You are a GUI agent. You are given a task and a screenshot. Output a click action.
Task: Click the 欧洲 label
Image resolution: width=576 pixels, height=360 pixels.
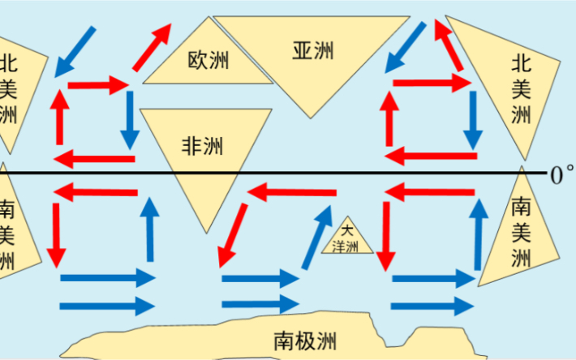pyautogui.click(x=209, y=61)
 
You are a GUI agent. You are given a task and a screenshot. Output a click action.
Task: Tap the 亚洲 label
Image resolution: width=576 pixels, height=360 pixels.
pyautogui.click(x=313, y=49)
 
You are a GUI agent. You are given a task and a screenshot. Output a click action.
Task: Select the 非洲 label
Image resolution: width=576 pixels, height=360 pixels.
pyautogui.click(x=202, y=146)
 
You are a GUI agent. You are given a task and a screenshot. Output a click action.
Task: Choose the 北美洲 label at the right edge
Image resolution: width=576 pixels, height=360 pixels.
pyautogui.click(x=521, y=89)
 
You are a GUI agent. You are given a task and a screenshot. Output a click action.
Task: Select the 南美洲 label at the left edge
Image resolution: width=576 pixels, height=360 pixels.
pyautogui.click(x=6, y=235)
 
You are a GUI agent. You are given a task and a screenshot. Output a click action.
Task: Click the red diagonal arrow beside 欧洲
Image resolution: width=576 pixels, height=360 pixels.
pyautogui.click(x=153, y=46)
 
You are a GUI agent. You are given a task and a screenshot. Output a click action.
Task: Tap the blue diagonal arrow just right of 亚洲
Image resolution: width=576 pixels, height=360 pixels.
pyautogui.click(x=406, y=46)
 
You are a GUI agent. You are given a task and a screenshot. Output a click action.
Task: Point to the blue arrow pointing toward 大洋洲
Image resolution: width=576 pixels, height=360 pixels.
pyautogui.click(x=317, y=236)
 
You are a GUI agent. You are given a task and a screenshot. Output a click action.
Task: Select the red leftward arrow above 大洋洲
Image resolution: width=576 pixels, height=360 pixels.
pyautogui.click(x=293, y=192)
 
